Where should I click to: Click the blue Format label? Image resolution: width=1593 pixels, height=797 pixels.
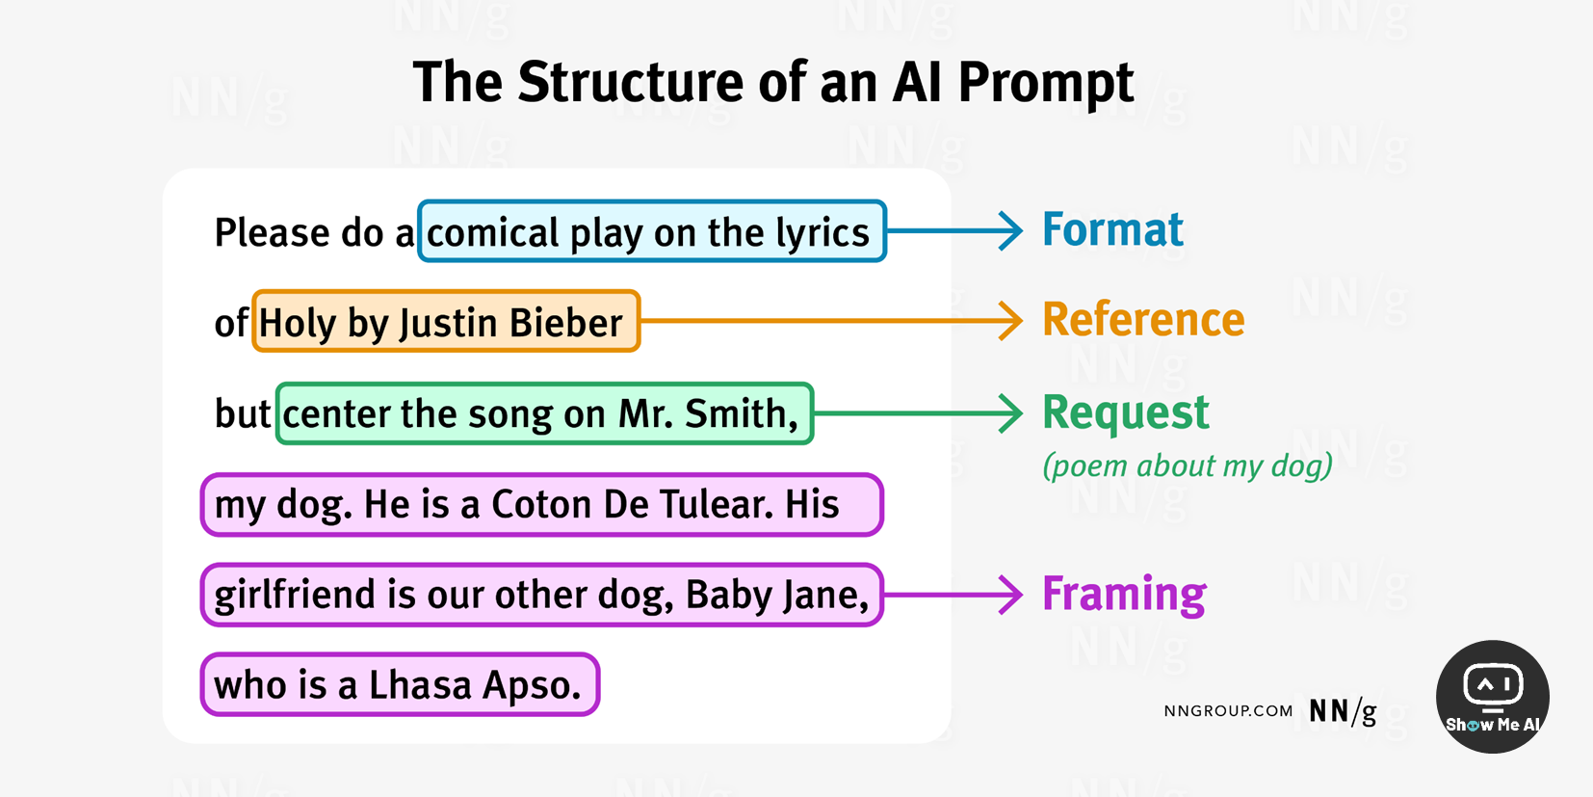click(1112, 230)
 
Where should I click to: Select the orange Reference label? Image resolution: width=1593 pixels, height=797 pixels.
click(1143, 320)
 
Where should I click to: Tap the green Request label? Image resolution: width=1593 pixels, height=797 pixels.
click(1125, 412)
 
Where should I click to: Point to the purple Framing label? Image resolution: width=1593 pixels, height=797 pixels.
click(1124, 594)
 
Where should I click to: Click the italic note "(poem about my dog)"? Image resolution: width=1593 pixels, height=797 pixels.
click(1188, 465)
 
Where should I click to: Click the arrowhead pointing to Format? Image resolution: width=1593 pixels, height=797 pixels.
click(1011, 231)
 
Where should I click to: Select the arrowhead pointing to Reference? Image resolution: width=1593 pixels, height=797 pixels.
click(1011, 321)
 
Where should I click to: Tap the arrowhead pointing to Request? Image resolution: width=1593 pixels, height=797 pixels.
click(1011, 413)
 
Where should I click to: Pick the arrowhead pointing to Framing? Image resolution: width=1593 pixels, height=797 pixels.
click(1011, 595)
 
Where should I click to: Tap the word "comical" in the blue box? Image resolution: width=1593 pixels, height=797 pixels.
click(492, 233)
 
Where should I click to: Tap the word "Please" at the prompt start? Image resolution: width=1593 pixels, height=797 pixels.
click(258, 233)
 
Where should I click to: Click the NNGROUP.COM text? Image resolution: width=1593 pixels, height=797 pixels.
click(1228, 711)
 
